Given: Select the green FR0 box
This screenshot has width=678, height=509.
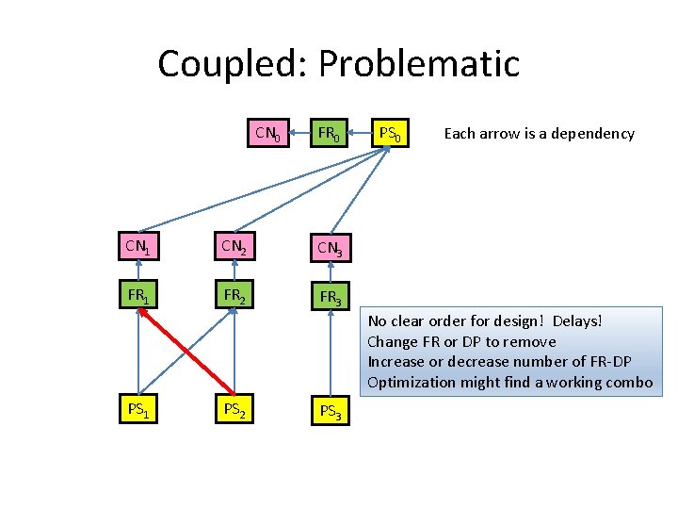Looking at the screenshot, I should (x=329, y=134).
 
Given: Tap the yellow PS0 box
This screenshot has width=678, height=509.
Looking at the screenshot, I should (x=390, y=134).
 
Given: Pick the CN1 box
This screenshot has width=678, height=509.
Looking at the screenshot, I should (x=137, y=247).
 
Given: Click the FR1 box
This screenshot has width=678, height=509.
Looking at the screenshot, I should (x=137, y=295).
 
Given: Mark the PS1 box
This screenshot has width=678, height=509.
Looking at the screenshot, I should (x=137, y=410).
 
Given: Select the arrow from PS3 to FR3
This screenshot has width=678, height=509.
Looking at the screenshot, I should (x=330, y=353).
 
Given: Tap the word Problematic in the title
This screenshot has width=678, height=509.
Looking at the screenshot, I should (x=419, y=64).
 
